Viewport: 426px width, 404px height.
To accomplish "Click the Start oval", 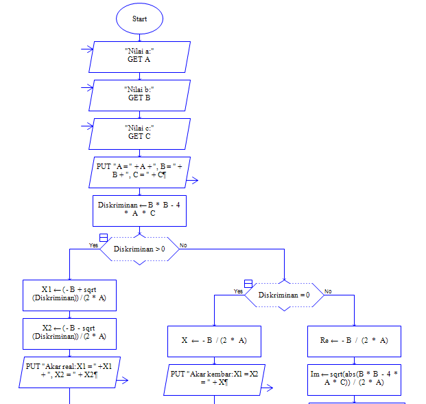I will pyautogui.click(x=139, y=19).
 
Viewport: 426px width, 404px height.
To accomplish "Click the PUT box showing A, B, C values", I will pyautogui.click(x=139, y=172).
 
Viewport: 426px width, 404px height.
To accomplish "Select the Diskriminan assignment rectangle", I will pyautogui.click(x=139, y=210).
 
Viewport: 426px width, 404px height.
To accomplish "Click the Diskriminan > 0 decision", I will pyautogui.click(x=139, y=249).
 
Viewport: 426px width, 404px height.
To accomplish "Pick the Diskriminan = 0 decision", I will pyautogui.click(x=284, y=295).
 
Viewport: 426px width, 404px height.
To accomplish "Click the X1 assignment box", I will pyautogui.click(x=69, y=295).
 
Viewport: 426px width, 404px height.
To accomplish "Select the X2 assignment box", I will pyautogui.click(x=69, y=333).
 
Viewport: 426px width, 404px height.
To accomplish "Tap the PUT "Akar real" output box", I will pyautogui.click(x=69, y=372).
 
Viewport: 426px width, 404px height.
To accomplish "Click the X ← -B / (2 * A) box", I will pyautogui.click(x=214, y=341).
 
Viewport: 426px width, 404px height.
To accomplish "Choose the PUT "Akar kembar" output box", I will pyautogui.click(x=214, y=379).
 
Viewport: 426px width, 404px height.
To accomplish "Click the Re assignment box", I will pyautogui.click(x=354, y=341).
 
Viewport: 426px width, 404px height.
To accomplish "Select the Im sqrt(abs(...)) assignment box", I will pyautogui.click(x=354, y=379).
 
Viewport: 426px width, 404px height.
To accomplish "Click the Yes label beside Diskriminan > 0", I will pyautogui.click(x=93, y=245).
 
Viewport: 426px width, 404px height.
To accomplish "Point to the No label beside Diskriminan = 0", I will pyautogui.click(x=328, y=291).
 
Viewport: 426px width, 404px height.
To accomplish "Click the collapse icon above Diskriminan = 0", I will pyautogui.click(x=248, y=283).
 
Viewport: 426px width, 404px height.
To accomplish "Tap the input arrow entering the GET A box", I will pyautogui.click(x=87, y=49).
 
